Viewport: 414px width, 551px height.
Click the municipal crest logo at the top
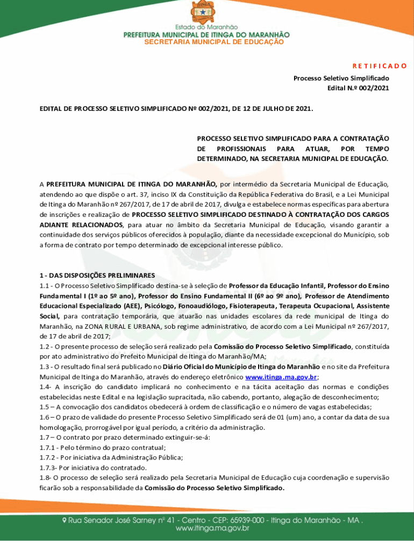(x=206, y=11)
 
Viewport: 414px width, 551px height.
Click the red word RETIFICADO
(x=379, y=66)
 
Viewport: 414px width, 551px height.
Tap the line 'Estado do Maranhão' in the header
(x=206, y=27)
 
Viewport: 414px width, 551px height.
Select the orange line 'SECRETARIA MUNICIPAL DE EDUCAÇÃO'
(x=206, y=41)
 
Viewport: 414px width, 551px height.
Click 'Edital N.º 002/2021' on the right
(x=358, y=88)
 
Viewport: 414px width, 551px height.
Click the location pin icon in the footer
(x=65, y=520)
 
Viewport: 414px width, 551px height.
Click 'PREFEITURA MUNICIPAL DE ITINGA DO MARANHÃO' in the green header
(x=206, y=34)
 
